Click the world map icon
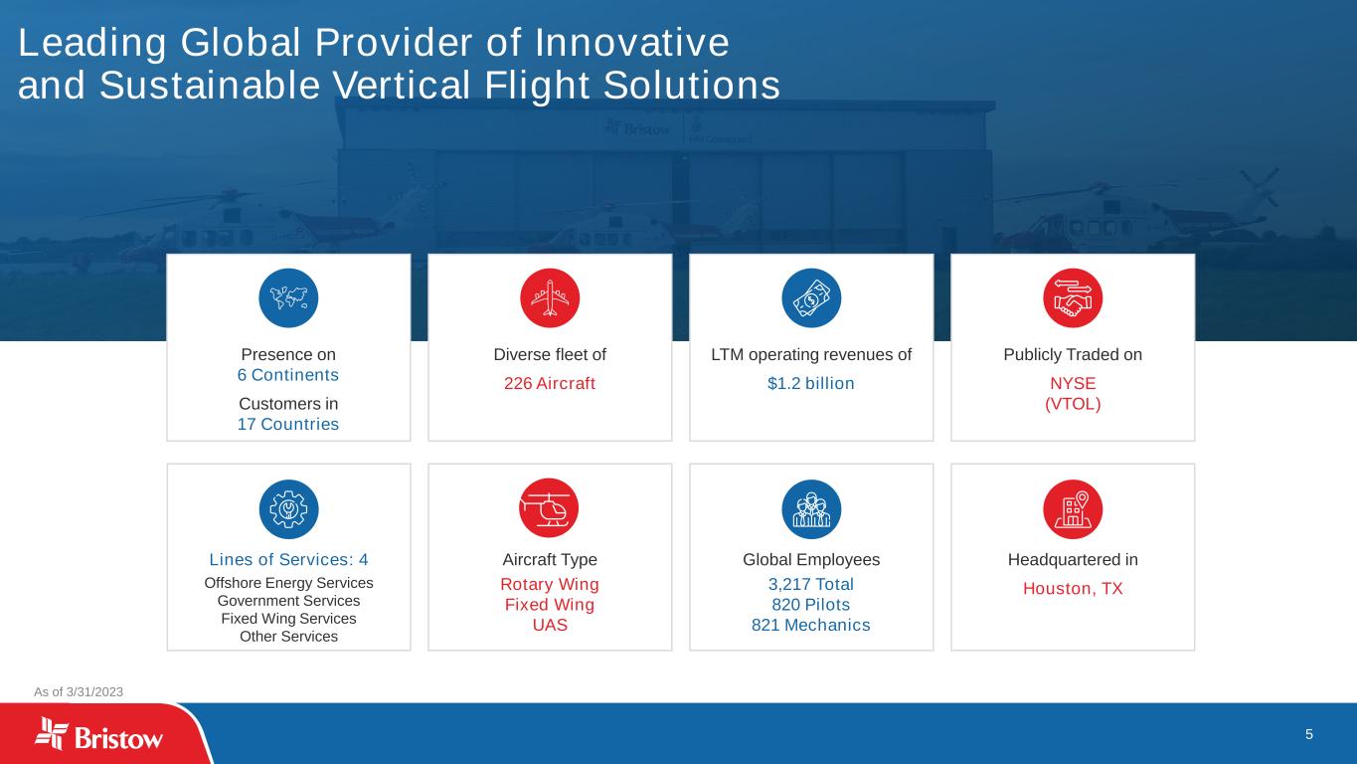click(288, 298)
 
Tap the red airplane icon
click(550, 298)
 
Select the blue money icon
click(811, 298)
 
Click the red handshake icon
click(1073, 298)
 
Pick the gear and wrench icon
click(288, 509)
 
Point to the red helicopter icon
click(549, 508)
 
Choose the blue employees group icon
click(811, 509)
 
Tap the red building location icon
click(1073, 509)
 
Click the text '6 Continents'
click(287, 375)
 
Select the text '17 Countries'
click(287, 424)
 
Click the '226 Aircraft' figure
click(550, 383)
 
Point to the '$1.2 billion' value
click(811, 383)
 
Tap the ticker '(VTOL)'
click(1073, 404)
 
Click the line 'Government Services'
click(288, 600)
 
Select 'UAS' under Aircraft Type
click(550, 625)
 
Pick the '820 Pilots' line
click(810, 605)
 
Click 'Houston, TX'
click(1073, 588)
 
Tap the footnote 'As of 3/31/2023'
click(79, 691)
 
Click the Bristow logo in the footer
click(98, 734)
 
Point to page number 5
click(1309, 734)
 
